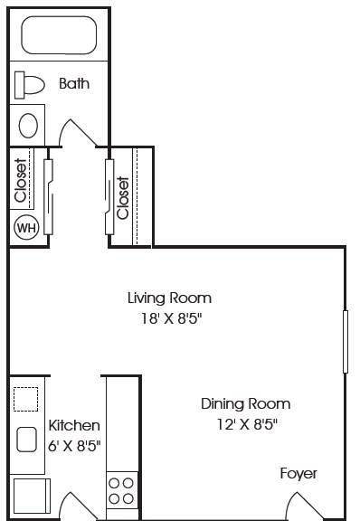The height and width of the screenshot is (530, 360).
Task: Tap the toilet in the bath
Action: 30,85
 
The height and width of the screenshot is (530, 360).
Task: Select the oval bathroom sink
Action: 29,124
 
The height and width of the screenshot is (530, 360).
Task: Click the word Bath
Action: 74,84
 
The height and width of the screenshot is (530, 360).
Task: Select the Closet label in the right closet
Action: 123,197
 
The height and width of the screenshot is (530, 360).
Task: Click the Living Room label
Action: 169,298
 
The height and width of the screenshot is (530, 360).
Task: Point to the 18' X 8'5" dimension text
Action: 169,318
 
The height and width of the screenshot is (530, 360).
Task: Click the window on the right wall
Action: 345,341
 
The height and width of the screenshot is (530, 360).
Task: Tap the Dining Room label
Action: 245,403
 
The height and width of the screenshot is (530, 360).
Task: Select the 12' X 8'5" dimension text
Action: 245,423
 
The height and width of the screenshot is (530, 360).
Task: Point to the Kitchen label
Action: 74,425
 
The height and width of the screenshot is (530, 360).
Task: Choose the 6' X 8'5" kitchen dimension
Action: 74,445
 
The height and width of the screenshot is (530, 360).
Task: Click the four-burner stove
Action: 121,489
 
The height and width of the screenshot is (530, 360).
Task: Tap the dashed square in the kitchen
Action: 26,399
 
